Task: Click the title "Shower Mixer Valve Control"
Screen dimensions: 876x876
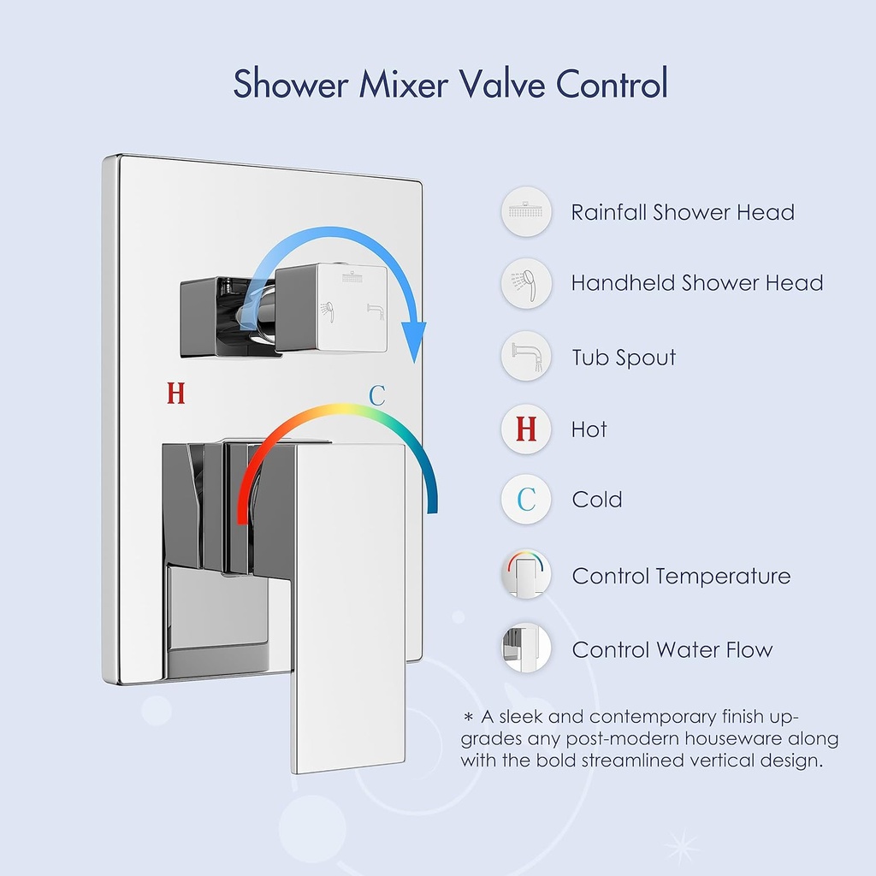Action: click(x=450, y=85)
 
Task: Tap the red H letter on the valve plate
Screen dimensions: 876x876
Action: click(x=175, y=394)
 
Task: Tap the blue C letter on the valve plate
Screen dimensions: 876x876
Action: click(x=377, y=395)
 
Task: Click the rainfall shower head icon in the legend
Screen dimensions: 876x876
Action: click(x=526, y=211)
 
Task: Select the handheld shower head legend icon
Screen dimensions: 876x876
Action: click(x=526, y=283)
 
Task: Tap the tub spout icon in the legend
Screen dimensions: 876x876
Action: click(x=526, y=356)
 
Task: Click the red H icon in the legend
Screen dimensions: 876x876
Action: click(x=526, y=429)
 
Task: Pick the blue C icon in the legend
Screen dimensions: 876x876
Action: click(x=526, y=500)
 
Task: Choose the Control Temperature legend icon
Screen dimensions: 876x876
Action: click(x=526, y=576)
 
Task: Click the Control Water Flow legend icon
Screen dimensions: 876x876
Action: click(x=526, y=648)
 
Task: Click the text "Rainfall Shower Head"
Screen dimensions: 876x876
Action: click(x=683, y=212)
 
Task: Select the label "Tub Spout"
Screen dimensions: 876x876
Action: click(x=624, y=358)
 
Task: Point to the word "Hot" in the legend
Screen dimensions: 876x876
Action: click(x=589, y=429)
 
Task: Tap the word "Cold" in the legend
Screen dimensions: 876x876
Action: click(x=597, y=500)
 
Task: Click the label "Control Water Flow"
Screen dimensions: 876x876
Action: click(x=672, y=650)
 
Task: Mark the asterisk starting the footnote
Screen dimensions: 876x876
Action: click(x=468, y=717)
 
